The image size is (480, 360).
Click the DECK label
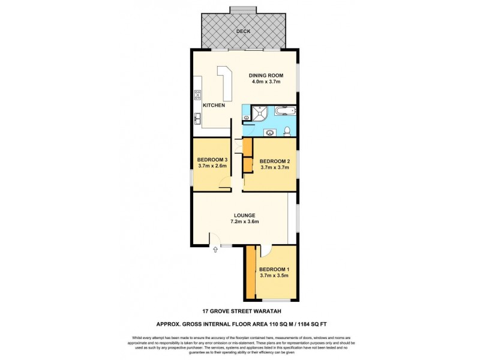(243, 31)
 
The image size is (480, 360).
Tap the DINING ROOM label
(266, 76)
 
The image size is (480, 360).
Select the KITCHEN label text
(214, 105)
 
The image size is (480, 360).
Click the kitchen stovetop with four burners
(197, 94)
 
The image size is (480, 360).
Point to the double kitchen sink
(197, 118)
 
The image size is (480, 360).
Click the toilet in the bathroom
(288, 131)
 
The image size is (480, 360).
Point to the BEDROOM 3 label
(212, 159)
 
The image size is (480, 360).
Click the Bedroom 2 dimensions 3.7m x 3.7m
(275, 169)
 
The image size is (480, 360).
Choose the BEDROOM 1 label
(274, 269)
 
